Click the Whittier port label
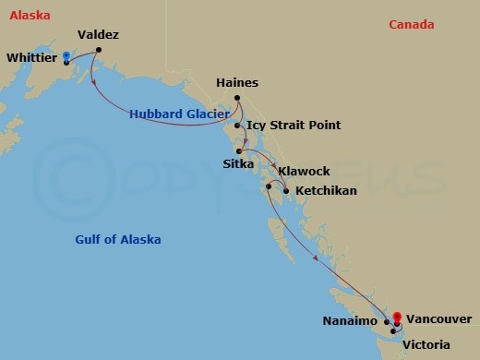pos(31,58)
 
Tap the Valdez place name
pos(98,35)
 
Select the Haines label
pos(236,83)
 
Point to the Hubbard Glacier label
pos(179,114)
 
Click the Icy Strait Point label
pos(294,125)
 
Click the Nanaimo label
pos(350,320)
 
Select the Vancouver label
pos(438,318)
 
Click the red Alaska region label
pos(27,16)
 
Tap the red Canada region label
pos(411,25)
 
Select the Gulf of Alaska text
pos(117,240)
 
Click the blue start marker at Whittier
pos(66,56)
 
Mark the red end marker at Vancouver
pos(396,317)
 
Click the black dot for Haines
pos(237,99)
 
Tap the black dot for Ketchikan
pos(286,191)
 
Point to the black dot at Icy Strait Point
pos(237,125)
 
